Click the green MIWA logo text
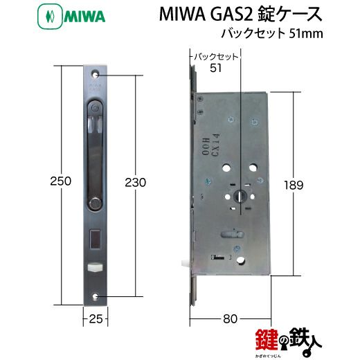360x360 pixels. [x=84, y=17]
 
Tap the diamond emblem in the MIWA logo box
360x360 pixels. [x=50, y=17]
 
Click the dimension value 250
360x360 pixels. [x=61, y=181]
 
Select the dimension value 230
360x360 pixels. [x=136, y=183]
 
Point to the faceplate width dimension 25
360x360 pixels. [x=96, y=319]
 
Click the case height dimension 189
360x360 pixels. [x=294, y=185]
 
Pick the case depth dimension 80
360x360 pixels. [x=230, y=319]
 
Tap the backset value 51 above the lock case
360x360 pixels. [x=215, y=68]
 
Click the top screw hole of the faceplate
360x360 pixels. [x=95, y=75]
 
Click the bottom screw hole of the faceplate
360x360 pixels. [x=95, y=296]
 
